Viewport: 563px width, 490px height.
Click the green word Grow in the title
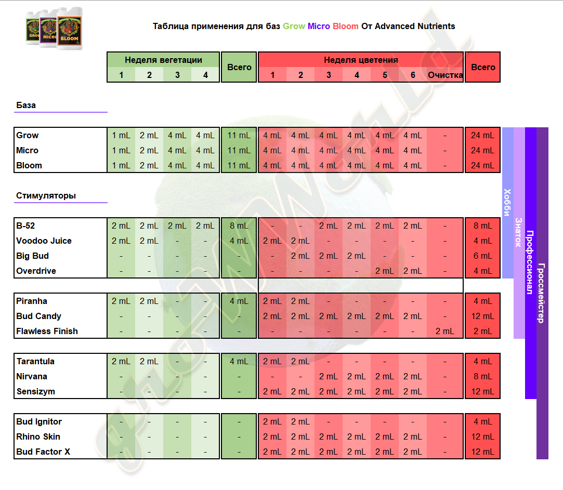294,26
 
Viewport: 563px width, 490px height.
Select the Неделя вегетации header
163,60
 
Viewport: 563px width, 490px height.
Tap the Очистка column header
446,75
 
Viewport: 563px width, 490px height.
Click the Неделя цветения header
361,60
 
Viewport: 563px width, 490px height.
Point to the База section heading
26,105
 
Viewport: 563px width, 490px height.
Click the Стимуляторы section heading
46,196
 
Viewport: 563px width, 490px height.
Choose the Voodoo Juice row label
44,241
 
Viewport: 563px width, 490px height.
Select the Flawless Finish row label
47,331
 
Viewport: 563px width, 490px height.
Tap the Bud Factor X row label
43,452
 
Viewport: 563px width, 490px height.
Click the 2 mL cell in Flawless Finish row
445,331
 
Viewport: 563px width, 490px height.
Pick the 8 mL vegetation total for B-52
239,226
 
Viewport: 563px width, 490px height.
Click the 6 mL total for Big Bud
482,256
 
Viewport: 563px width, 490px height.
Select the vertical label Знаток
519,232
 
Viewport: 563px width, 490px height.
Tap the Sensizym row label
35,391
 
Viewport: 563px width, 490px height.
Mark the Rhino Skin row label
38,436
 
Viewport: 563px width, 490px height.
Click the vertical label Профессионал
530,262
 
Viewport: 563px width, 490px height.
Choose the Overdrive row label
36,271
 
